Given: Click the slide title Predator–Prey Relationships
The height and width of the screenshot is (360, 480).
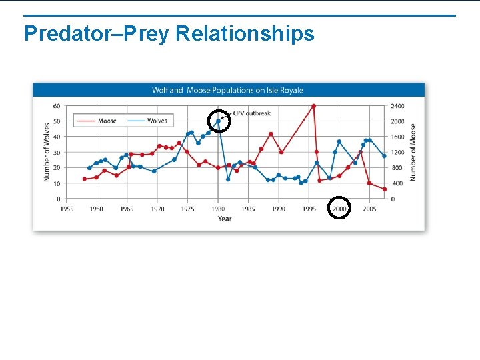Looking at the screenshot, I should [169, 33].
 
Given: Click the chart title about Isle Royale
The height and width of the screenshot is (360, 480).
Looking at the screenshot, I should [227, 90].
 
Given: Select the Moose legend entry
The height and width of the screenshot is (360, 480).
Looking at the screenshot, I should [107, 121].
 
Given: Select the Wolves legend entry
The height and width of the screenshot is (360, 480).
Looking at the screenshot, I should [157, 121].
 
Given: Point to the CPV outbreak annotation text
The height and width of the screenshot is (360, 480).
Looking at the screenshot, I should [252, 113].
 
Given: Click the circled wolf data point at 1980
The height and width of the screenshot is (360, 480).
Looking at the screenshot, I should [218, 121].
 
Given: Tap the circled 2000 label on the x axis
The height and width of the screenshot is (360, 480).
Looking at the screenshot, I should [339, 209].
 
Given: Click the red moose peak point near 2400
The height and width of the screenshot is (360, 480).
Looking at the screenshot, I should [313, 105].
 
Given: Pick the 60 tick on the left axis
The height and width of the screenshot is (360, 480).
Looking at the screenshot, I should [57, 106].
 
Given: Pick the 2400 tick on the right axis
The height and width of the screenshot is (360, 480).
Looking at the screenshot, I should [397, 106].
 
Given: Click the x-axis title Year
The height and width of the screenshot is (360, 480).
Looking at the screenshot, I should [225, 219].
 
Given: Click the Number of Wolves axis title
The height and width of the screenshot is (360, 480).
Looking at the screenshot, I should [47, 152].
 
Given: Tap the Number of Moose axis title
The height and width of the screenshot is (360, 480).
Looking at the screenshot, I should [413, 152].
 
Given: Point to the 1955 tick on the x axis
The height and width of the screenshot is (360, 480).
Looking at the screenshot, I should [67, 209].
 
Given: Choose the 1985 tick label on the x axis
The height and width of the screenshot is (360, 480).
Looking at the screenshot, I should [248, 209].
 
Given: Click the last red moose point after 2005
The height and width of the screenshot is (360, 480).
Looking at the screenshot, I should [385, 189].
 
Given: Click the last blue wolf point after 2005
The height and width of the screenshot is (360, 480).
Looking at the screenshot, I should [384, 156].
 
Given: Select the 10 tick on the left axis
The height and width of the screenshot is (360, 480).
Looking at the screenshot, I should [57, 183].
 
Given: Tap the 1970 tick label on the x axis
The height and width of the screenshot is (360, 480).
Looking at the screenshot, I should [157, 209].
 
